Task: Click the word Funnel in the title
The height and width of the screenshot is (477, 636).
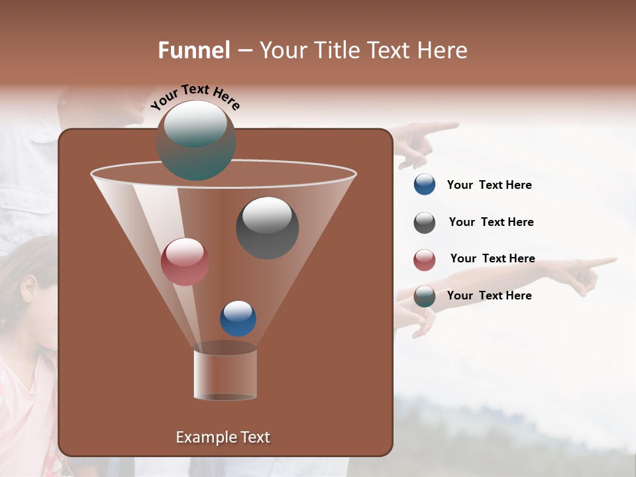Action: coord(193,50)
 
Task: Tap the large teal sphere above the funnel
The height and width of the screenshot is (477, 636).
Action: coord(195,140)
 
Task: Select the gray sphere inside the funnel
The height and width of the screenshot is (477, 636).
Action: coord(267,227)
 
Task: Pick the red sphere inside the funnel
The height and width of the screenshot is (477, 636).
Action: coord(185,261)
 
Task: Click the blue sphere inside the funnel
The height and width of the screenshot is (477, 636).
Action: coord(238,318)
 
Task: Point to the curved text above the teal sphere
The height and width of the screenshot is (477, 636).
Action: coord(195,96)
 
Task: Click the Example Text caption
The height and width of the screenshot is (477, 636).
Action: coord(223,437)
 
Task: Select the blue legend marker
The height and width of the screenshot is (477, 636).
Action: coord(425,185)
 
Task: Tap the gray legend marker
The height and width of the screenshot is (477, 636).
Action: coord(425,223)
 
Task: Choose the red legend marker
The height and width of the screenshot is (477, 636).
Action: coord(425,260)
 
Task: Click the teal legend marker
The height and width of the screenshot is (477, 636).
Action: coord(425,296)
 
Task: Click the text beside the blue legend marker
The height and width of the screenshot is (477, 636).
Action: coord(489,185)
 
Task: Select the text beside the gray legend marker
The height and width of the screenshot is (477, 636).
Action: coord(491,223)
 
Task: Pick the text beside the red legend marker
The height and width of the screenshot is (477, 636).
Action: coord(492,259)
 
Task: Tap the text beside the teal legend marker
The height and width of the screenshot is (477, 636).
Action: coord(489,295)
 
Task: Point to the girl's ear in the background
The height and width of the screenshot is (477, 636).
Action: coord(28,287)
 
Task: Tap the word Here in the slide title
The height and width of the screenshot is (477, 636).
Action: coord(443,50)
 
